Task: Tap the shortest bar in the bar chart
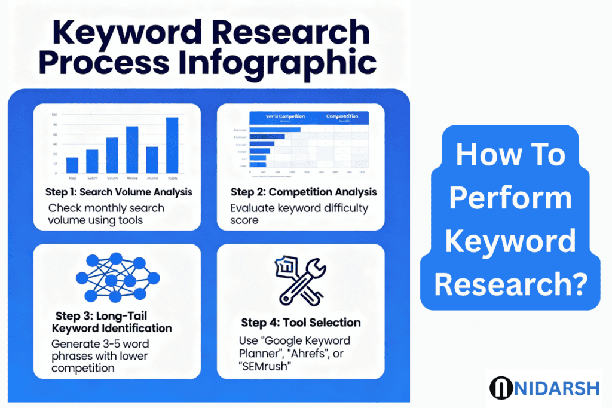coord(72,165)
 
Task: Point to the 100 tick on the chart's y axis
coord(54,115)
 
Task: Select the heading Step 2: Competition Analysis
coord(304,192)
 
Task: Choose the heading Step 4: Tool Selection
coord(301,323)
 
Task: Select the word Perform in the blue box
coord(510,198)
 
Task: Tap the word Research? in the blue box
coord(510,284)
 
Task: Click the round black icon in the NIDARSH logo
coord(500,388)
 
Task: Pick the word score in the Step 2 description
coord(244,220)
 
